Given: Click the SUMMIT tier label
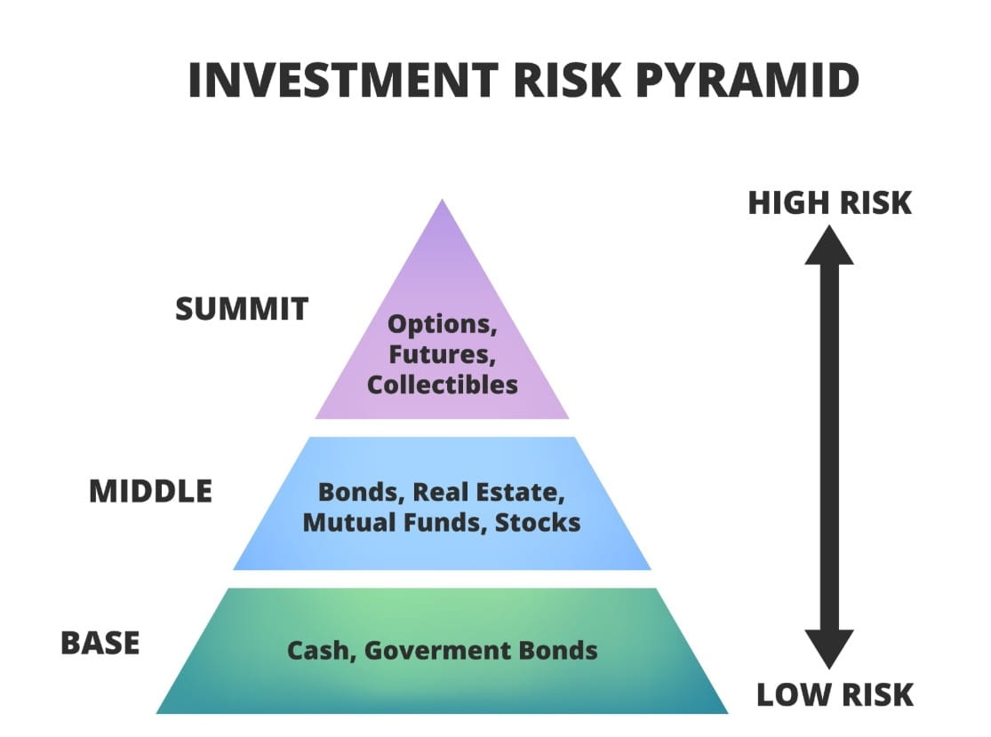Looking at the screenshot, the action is (242, 310).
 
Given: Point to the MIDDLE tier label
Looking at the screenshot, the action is (150, 491).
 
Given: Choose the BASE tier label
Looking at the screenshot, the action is (100, 643).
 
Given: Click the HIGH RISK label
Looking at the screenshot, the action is (829, 203).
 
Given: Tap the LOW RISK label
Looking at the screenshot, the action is (835, 693).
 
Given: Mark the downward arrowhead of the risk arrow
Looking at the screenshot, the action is (829, 647).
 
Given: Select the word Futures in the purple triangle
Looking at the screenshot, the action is (442, 355).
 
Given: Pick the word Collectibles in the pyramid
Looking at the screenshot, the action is (442, 385).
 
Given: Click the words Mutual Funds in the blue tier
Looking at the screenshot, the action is (391, 522).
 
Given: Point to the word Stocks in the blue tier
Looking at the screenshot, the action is (538, 522).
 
